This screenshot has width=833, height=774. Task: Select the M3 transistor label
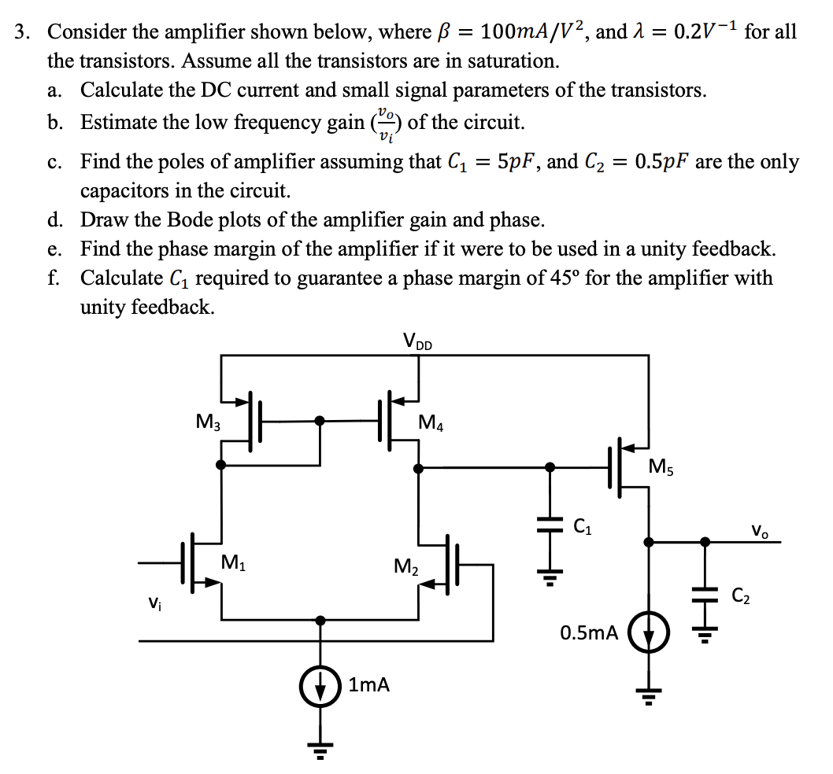(x=208, y=422)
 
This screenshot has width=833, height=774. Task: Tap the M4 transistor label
(x=431, y=424)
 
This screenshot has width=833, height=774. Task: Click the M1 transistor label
(x=232, y=562)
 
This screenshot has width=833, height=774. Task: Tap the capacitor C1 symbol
(x=550, y=523)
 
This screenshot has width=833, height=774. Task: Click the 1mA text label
(x=368, y=684)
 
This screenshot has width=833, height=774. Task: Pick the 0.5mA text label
(x=588, y=632)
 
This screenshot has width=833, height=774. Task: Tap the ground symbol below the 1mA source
(x=320, y=747)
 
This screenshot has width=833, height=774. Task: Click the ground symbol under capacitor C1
(x=550, y=580)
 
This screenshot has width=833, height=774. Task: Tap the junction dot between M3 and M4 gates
(x=320, y=421)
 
